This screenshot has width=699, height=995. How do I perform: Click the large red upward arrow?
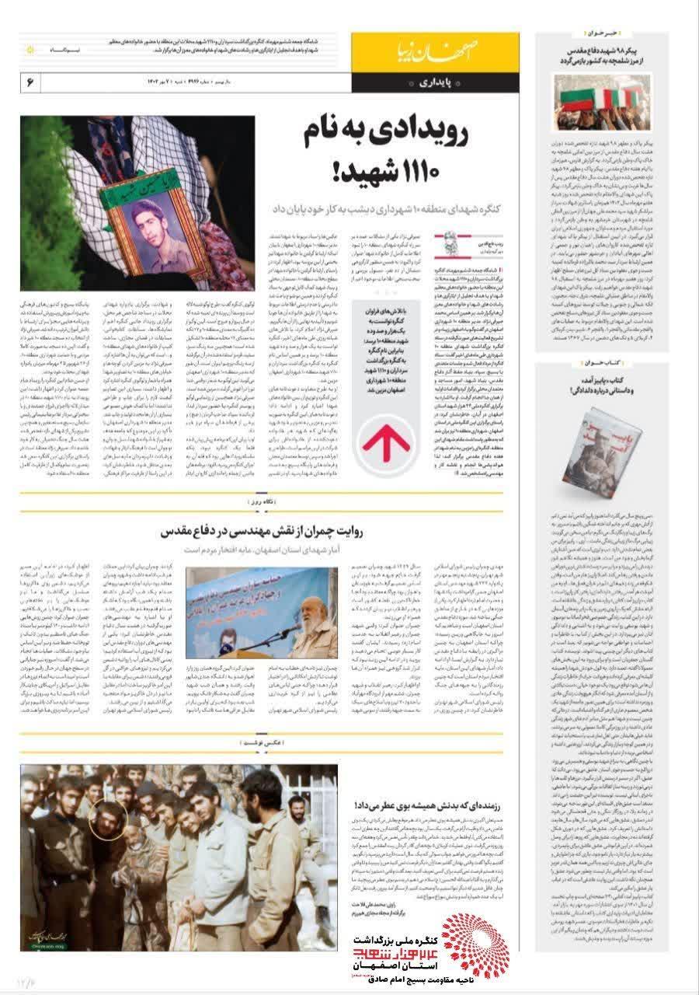click(x=381, y=445)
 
